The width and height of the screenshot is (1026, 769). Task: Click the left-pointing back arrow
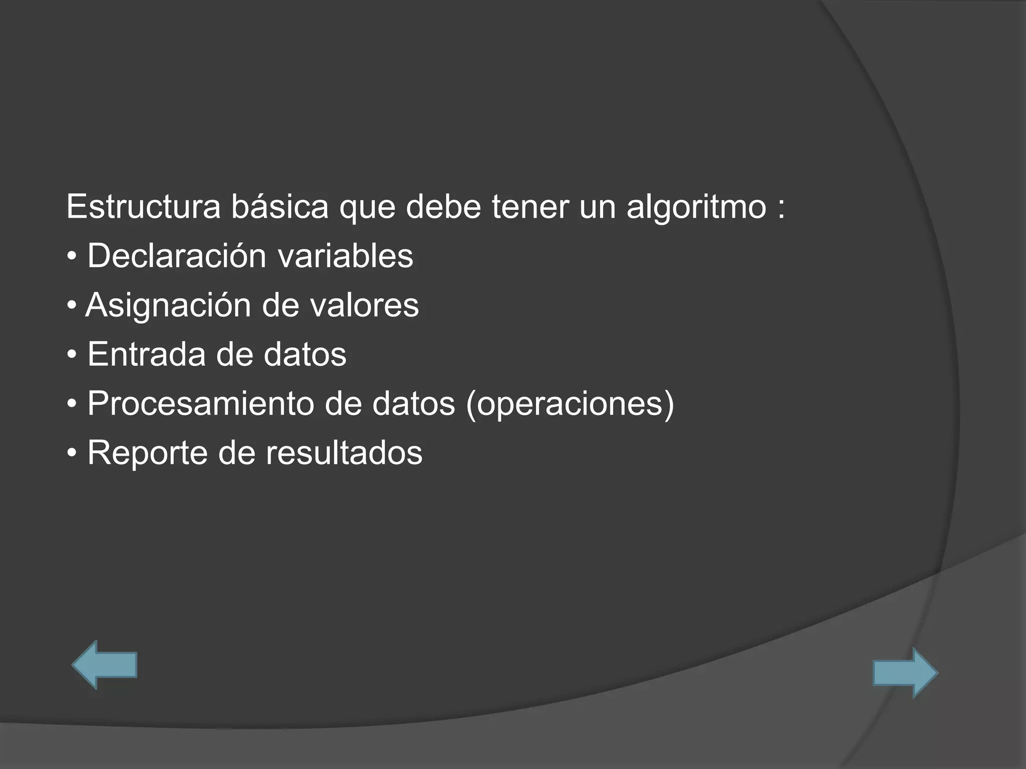coord(105,665)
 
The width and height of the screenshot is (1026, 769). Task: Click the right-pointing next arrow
coord(905,672)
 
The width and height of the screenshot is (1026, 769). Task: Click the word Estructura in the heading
coord(143,206)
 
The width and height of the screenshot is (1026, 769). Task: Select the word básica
coord(280,206)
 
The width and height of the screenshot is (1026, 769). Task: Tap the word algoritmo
coord(696,206)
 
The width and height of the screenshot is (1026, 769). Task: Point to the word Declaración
coord(177,255)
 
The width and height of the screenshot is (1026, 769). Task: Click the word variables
coord(345,255)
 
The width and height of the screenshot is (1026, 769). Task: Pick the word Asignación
coord(168,305)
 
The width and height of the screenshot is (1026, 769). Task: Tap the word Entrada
coord(146,354)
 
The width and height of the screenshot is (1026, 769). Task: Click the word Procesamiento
coord(200,403)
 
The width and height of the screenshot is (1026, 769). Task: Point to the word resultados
coord(344,453)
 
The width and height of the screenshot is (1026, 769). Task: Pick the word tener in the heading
coord(530,206)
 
